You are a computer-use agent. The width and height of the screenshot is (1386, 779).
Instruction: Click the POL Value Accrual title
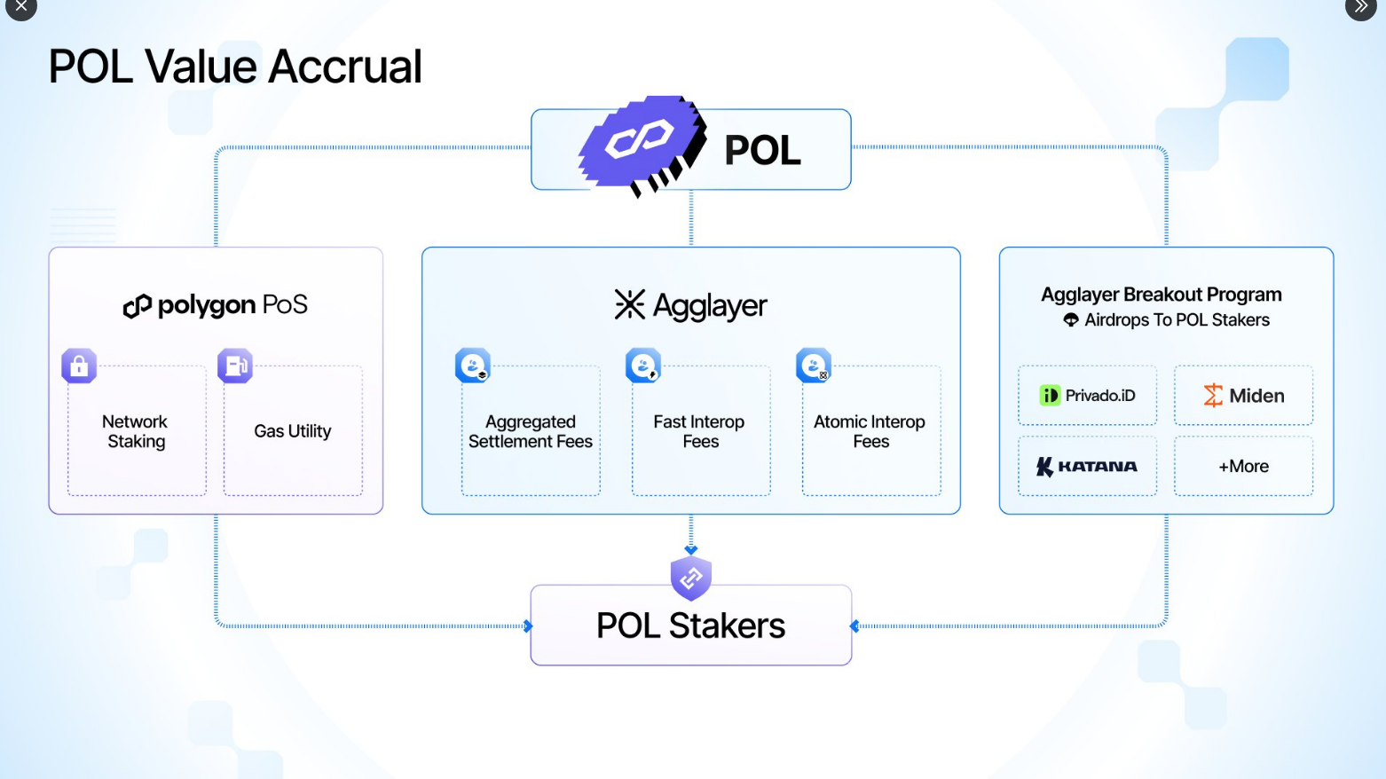(235, 67)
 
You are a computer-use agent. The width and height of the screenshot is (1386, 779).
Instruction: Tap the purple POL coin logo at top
(642, 145)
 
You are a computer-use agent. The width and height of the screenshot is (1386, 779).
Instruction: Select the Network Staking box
(137, 431)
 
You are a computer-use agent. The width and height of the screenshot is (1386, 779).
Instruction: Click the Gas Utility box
(293, 431)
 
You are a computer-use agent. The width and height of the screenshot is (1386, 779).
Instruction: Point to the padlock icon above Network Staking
(79, 366)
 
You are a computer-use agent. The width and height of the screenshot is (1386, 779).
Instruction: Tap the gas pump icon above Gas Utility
(235, 366)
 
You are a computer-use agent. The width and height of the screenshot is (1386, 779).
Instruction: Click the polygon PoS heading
(216, 305)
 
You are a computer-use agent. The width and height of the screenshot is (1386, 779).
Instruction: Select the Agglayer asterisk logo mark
(630, 304)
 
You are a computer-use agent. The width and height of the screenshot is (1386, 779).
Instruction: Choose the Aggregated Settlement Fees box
(531, 431)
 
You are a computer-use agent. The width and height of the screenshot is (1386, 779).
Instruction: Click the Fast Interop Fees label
(699, 431)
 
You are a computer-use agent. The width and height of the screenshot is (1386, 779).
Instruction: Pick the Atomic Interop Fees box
(870, 431)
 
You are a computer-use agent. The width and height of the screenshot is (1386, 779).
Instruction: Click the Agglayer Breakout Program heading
(1162, 295)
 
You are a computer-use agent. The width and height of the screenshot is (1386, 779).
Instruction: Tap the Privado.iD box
(1088, 396)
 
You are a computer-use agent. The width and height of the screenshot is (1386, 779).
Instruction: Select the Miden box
(1243, 396)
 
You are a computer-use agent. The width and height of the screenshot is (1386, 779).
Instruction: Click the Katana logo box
(1088, 466)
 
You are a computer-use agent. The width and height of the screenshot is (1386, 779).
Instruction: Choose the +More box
(1243, 466)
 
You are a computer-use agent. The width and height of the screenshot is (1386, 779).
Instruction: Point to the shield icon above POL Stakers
(691, 578)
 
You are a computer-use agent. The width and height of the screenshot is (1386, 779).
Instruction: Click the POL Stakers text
(690, 626)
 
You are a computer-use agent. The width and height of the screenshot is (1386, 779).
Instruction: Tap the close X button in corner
(21, 7)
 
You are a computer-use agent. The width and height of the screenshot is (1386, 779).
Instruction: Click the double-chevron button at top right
(1361, 7)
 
